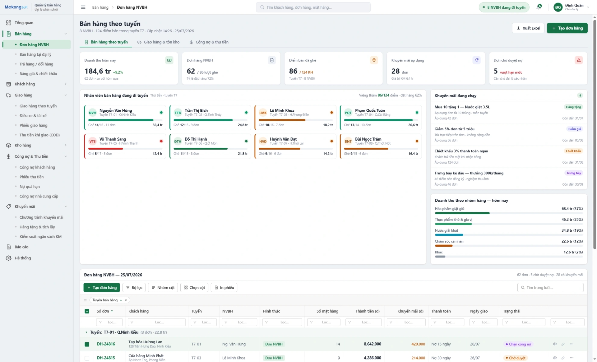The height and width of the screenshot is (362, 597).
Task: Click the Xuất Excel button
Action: click(528, 28)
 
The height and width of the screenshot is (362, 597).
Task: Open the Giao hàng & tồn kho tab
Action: click(159, 42)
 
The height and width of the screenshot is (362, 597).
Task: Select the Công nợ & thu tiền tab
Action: click(209, 42)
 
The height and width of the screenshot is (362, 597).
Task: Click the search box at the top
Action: click(313, 7)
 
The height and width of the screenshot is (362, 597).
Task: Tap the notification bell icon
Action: click(539, 7)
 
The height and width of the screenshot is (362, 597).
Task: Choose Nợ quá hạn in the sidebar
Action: click(30, 187)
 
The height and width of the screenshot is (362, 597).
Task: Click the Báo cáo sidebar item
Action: click(21, 247)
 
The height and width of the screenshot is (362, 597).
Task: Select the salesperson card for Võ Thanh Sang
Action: click(125, 146)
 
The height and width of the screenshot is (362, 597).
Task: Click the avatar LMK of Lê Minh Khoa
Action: click(263, 113)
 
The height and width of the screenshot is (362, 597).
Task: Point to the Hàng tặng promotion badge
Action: click(573, 107)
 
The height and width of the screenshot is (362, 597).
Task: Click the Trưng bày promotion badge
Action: click(574, 173)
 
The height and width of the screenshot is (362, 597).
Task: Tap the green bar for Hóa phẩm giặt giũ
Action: click(462, 213)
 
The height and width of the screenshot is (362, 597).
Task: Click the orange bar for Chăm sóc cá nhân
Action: click(444, 246)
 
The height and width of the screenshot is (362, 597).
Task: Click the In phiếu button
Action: click(224, 288)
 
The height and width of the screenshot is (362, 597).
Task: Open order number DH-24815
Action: click(106, 358)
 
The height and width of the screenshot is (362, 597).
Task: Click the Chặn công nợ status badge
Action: click(518, 344)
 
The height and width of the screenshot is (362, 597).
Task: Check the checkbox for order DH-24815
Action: click(87, 358)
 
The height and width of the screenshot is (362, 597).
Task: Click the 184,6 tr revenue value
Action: click(98, 71)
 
